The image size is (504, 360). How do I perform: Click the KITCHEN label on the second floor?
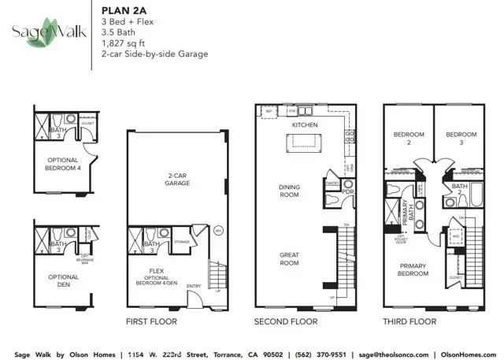pos(304,125)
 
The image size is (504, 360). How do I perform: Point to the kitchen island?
pos(304,142)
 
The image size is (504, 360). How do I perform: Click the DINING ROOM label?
pos(290,191)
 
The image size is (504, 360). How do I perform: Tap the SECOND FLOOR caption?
pos(285,321)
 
